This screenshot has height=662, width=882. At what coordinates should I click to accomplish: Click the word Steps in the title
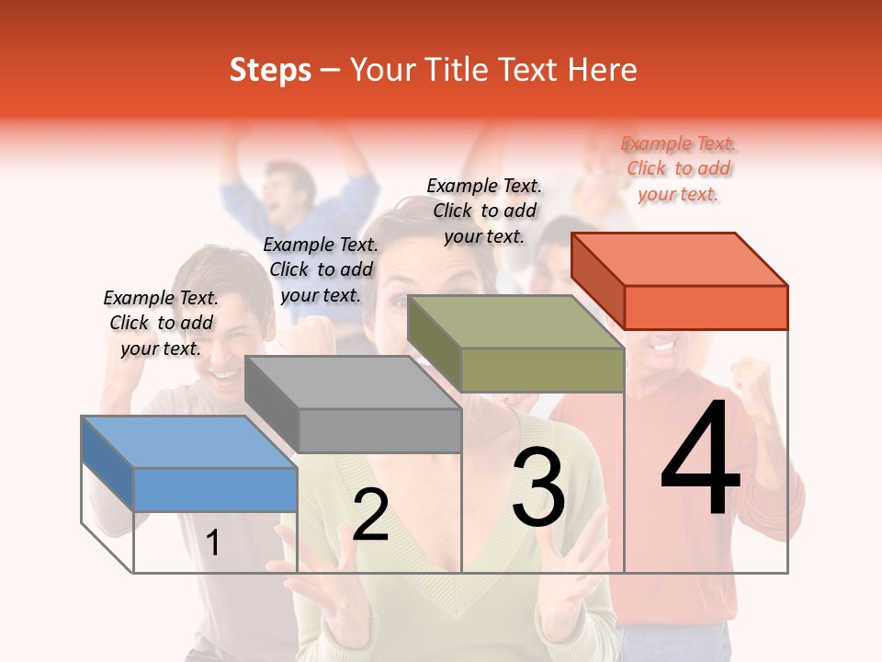270,70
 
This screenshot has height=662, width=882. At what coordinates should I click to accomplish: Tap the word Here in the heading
601,70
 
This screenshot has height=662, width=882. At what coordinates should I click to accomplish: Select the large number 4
700,460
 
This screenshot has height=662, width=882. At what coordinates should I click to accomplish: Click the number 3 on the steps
538,487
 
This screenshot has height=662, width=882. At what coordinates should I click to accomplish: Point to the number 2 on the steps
370,515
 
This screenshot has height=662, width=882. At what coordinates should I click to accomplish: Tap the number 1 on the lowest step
212,542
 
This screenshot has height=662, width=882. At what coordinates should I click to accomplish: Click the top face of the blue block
189,442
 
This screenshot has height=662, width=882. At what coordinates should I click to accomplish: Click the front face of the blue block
215,489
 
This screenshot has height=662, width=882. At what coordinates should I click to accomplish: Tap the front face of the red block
706,307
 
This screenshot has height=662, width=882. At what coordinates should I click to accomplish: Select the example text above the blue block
161,323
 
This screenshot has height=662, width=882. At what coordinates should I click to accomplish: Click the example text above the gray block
321,269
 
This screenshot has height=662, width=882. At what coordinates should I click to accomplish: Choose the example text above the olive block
484,211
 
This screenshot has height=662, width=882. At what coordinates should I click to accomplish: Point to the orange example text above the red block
678,168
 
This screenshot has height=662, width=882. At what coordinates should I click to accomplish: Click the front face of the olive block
542,370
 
